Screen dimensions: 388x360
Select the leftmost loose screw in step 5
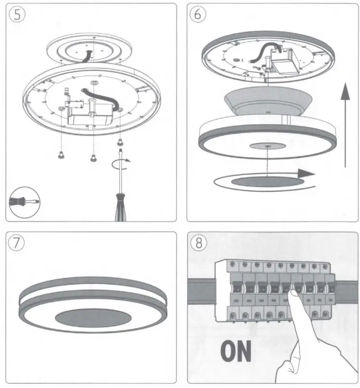60,156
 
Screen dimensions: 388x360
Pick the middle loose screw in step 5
93,158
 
